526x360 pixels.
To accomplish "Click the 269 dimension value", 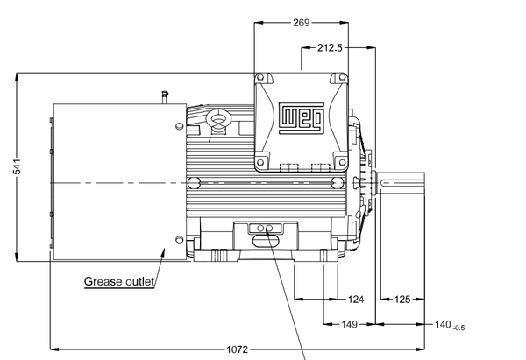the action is pyautogui.click(x=302, y=23).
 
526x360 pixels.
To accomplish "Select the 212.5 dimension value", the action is pyautogui.click(x=330, y=48).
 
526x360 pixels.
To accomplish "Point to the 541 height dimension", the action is pyautogui.click(x=17, y=166).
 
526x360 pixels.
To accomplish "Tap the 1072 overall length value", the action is pyautogui.click(x=238, y=349).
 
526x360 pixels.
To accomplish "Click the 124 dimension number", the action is pyautogui.click(x=356, y=299).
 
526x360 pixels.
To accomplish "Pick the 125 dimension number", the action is pyautogui.click(x=402, y=299).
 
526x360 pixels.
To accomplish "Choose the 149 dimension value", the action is pyautogui.click(x=349, y=324).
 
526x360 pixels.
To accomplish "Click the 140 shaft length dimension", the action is pyautogui.click(x=443, y=324).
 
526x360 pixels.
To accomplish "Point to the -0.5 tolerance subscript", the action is pyautogui.click(x=458, y=328).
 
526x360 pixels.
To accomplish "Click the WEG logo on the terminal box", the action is pyautogui.click(x=302, y=118).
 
